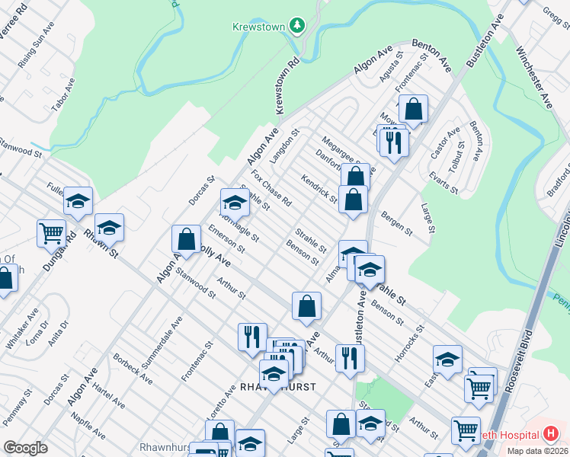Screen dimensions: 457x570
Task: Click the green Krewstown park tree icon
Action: (x=296, y=26)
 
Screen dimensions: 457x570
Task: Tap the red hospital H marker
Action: (x=552, y=434)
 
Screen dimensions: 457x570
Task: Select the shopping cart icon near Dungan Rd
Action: (x=51, y=232)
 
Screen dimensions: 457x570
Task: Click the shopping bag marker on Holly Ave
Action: (x=186, y=240)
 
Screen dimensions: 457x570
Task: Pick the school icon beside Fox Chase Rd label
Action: (x=235, y=203)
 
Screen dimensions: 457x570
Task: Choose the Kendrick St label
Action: (x=319, y=190)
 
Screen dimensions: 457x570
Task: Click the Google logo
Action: (x=25, y=448)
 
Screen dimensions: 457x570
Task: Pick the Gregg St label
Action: (x=556, y=15)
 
